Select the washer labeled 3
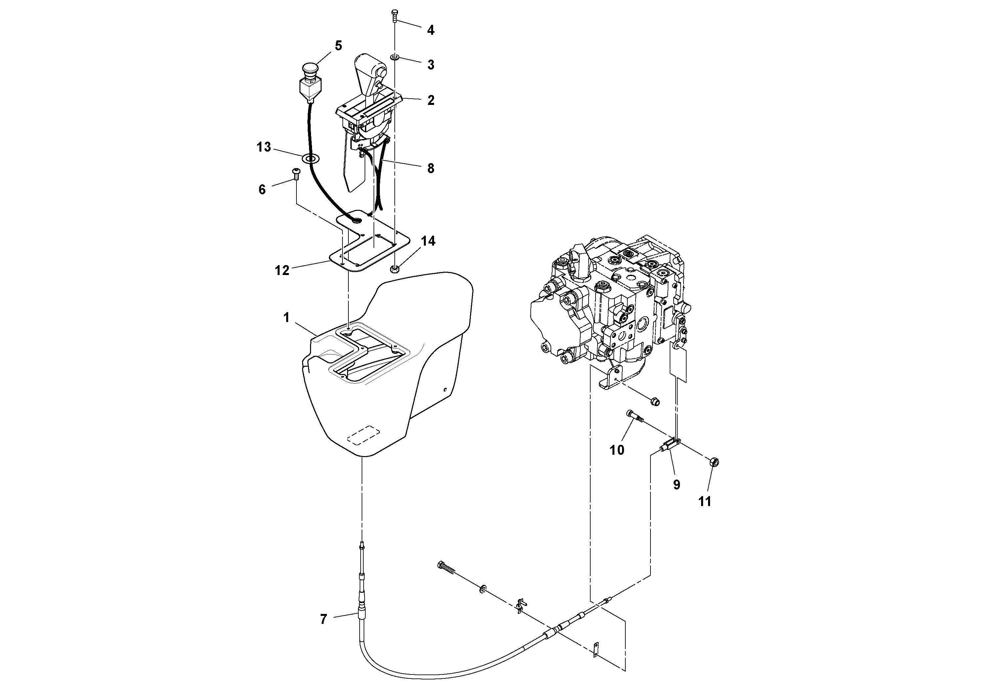[x=395, y=57]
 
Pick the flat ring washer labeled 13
[x=311, y=158]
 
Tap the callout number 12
[x=282, y=270]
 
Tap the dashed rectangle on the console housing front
[x=364, y=435]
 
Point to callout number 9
[x=677, y=485]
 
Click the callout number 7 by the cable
[x=324, y=619]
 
